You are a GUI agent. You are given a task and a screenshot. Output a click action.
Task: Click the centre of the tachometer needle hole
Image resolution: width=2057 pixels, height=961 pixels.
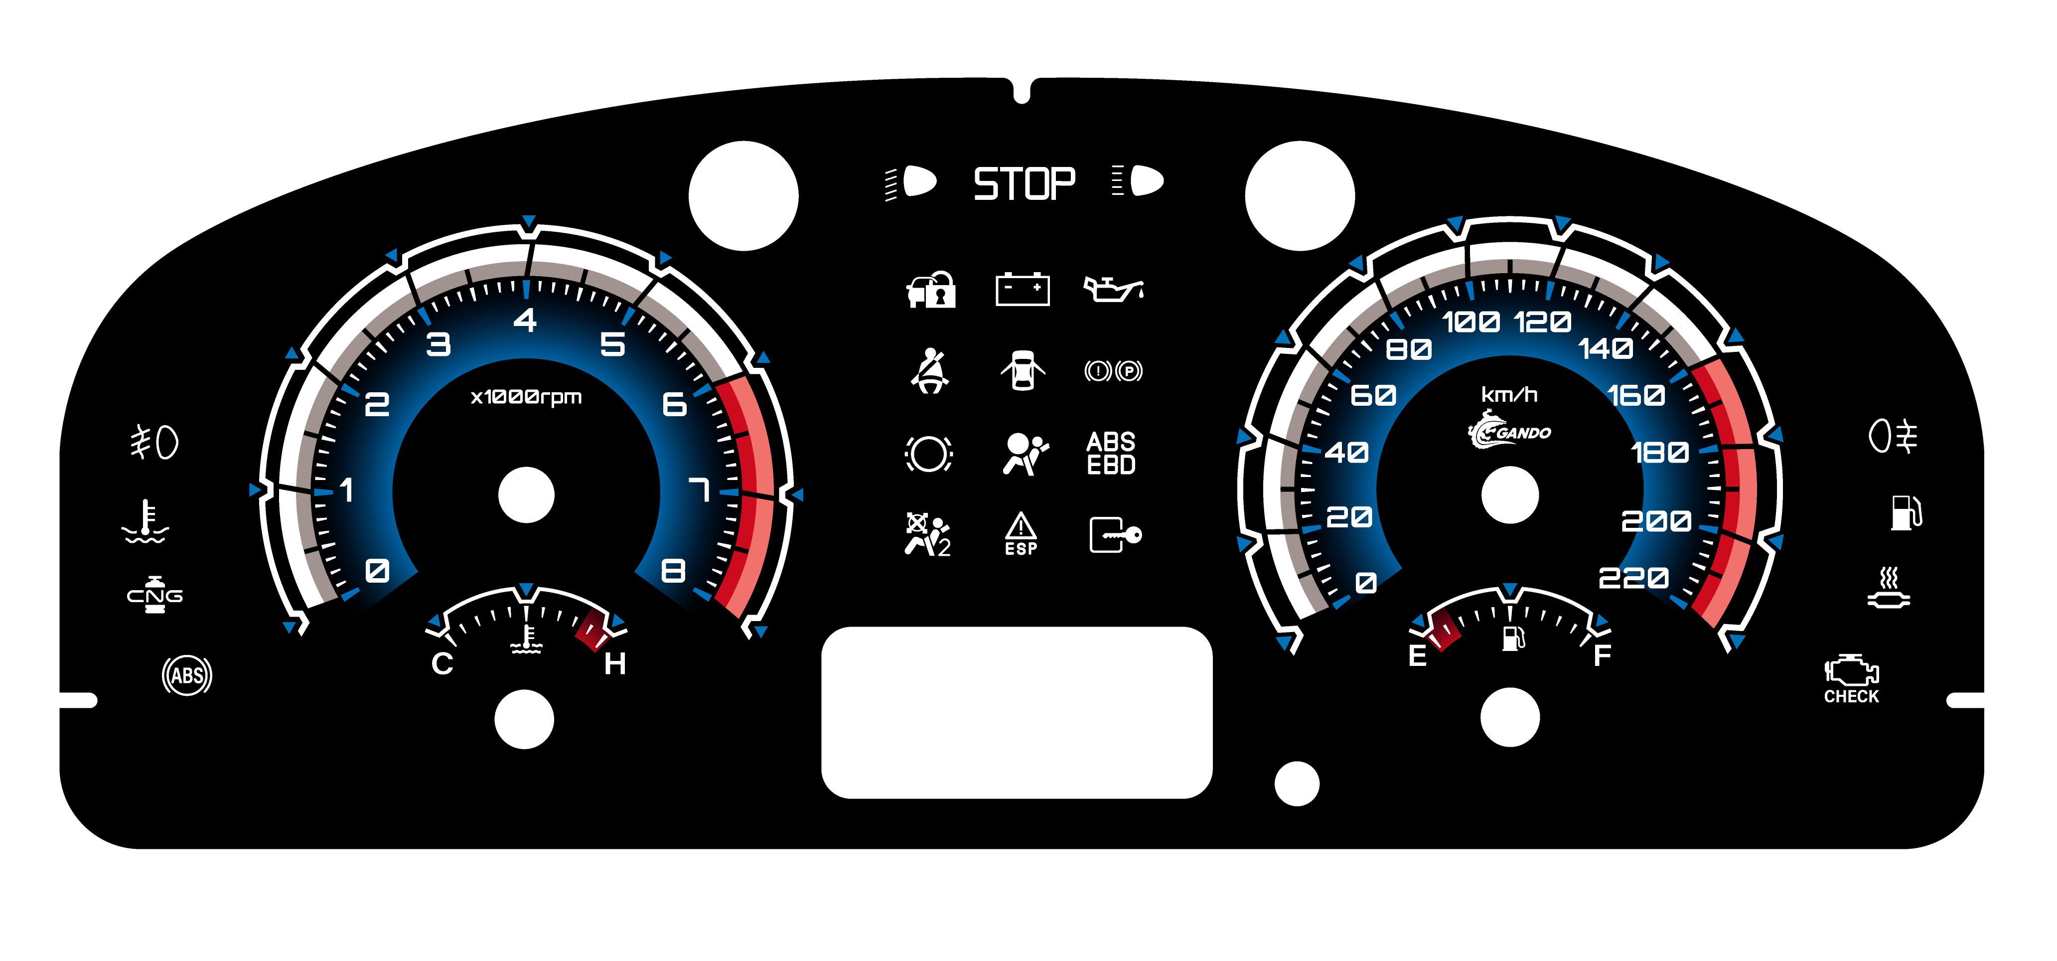point(526,495)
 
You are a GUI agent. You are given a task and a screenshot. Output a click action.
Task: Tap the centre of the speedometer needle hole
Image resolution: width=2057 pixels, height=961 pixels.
point(1510,495)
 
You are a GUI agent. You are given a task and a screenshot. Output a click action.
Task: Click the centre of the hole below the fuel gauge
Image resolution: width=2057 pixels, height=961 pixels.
point(1510,717)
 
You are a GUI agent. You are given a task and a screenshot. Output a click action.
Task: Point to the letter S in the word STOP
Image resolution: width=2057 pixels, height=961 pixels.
point(987,184)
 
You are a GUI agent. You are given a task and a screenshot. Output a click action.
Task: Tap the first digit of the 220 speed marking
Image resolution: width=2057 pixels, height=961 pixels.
point(1610,578)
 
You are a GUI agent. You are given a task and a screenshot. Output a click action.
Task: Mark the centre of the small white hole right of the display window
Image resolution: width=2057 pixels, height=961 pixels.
point(1297,784)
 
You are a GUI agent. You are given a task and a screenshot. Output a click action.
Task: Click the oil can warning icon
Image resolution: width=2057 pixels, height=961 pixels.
point(1113,289)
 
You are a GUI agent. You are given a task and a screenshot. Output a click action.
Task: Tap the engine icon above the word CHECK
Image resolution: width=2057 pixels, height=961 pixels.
point(1851,670)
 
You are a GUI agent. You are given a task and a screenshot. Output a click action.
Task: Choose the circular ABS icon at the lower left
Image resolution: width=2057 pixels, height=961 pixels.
point(187,676)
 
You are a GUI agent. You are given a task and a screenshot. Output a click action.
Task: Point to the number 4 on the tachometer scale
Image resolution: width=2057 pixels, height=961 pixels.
point(525,320)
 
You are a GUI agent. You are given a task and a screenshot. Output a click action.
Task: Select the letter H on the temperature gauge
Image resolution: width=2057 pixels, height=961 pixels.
point(615,664)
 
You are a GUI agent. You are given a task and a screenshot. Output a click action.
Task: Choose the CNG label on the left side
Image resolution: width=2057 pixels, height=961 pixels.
point(155,596)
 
